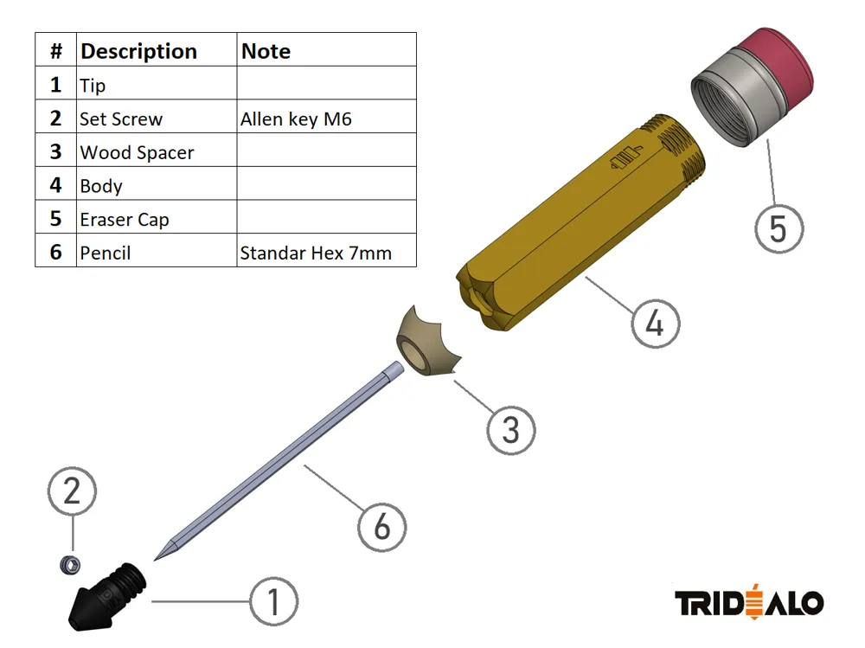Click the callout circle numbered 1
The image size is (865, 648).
(x=273, y=601)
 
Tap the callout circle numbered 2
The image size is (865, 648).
(x=73, y=491)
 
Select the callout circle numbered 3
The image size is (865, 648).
(x=511, y=430)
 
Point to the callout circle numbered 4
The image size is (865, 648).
(x=656, y=324)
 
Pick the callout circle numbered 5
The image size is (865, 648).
(x=779, y=228)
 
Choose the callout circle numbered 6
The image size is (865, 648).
(x=381, y=527)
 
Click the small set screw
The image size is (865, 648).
(x=70, y=565)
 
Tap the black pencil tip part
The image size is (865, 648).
(x=106, y=597)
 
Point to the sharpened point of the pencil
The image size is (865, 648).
(x=155, y=560)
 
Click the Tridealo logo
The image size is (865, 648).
(x=749, y=601)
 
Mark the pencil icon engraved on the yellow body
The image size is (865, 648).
(x=625, y=157)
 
